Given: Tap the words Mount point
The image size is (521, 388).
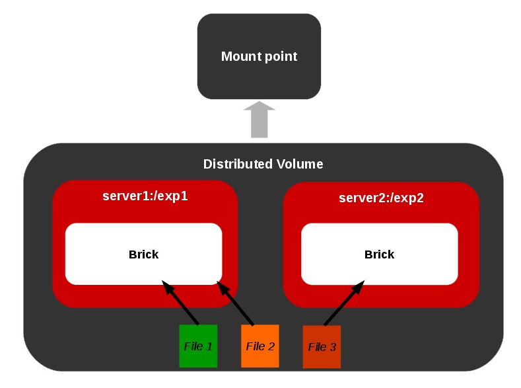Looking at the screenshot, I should click(259, 56).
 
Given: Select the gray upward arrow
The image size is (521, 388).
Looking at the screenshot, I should click(260, 120).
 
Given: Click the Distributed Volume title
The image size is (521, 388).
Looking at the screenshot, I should click(263, 164).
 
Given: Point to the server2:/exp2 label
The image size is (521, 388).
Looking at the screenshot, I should click(381, 198).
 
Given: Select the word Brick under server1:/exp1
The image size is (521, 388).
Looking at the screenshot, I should click(143, 254).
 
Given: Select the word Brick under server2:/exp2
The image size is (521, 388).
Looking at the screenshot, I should click(379, 254).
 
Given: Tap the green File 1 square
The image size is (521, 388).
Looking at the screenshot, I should click(198, 346).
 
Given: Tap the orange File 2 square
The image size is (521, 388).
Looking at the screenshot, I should click(260, 346).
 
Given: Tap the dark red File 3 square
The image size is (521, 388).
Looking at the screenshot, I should click(322, 346).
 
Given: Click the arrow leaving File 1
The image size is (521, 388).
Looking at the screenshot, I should click(182, 305).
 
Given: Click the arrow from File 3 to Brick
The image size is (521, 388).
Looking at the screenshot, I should click(343, 303).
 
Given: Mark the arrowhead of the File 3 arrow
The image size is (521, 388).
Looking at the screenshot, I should click(359, 286).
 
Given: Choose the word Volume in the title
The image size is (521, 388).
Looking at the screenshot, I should click(301, 164).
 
